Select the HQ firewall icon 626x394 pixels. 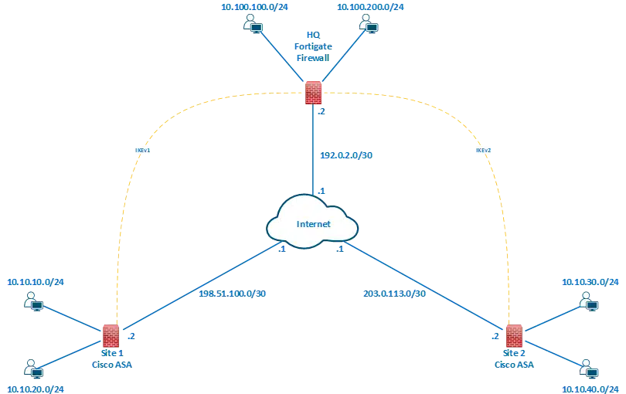tap(313, 93)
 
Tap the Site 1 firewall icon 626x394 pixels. tap(111, 335)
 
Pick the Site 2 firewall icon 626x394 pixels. tap(512, 336)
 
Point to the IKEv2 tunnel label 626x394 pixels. tap(481, 150)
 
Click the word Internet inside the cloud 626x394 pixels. tap(314, 224)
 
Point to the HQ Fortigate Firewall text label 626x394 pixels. tap(313, 46)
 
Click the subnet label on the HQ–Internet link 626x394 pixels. tap(348, 155)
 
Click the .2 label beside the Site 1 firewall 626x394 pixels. tap(132, 337)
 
